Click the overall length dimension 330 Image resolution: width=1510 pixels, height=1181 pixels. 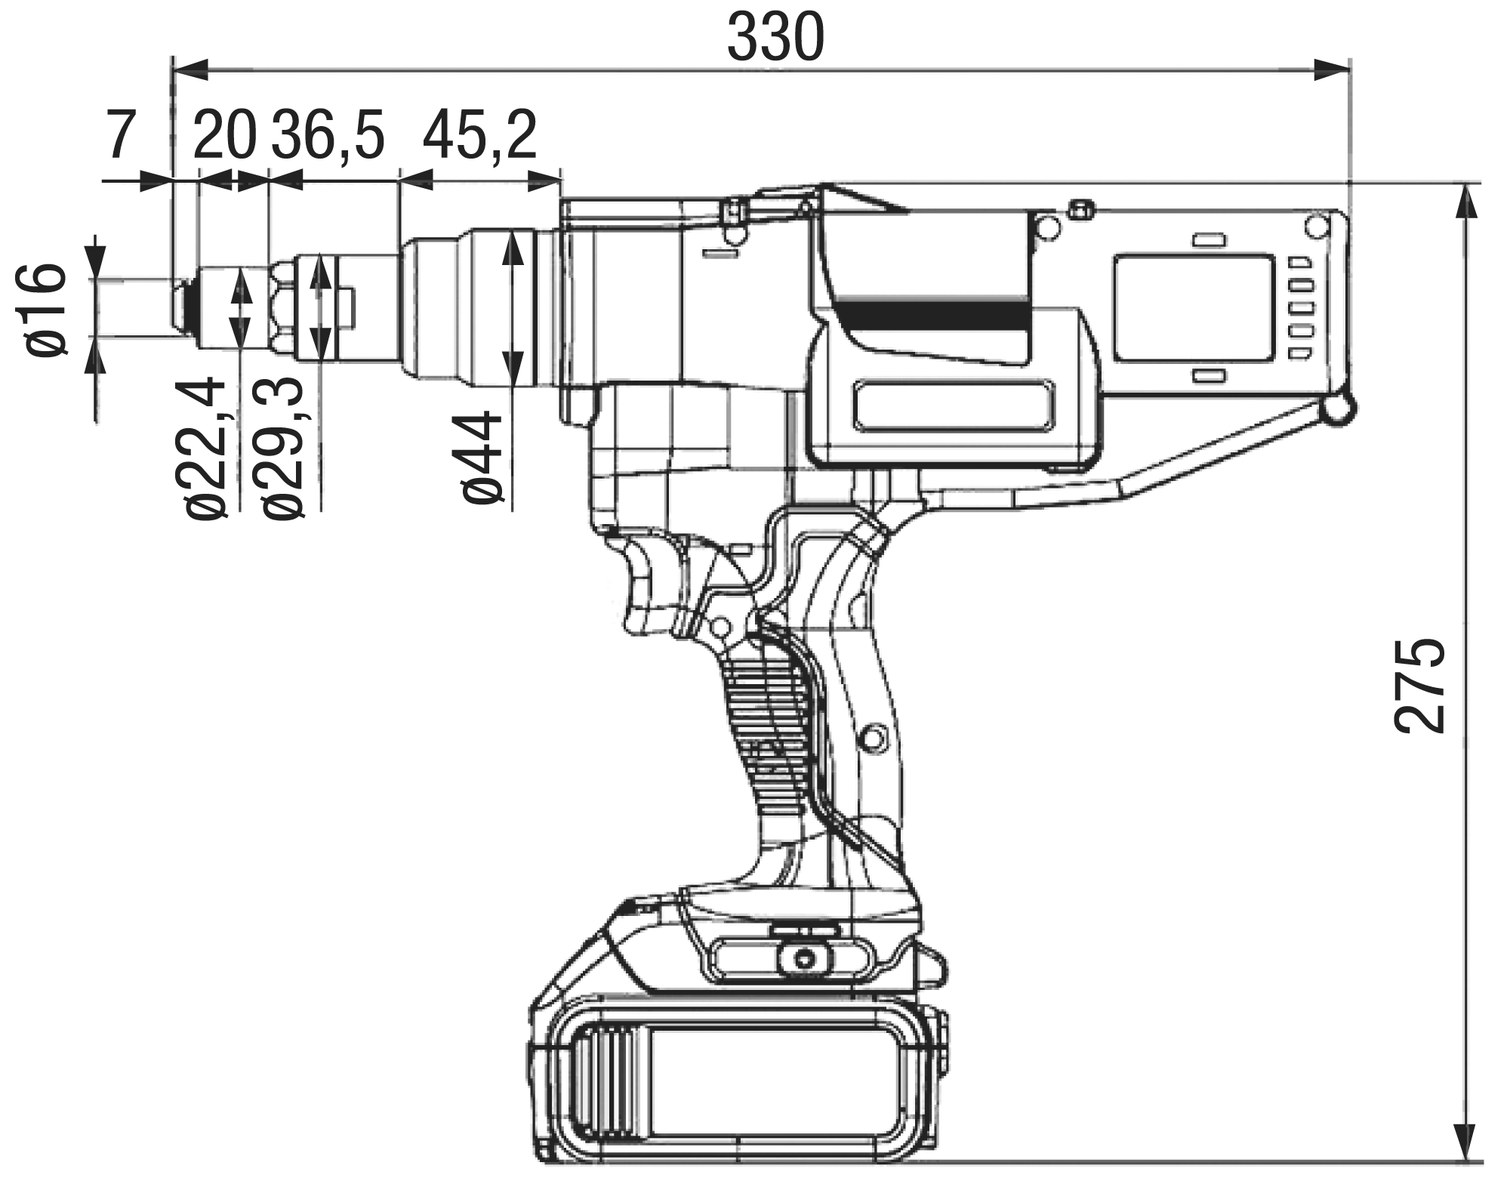pos(775,39)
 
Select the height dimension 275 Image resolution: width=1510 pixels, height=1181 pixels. pos(1419,686)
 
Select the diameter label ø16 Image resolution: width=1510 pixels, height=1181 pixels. pos(44,309)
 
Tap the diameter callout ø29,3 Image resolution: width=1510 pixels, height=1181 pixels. pos(280,449)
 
